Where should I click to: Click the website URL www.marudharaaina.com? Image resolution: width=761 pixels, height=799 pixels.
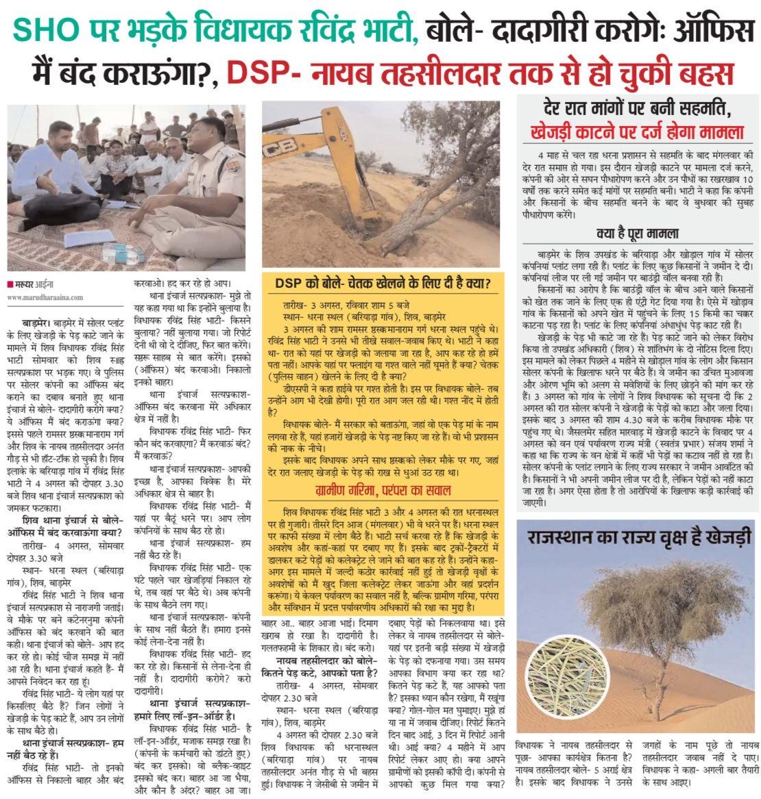coord(45,297)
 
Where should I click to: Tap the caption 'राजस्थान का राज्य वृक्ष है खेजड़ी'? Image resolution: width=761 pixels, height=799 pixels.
coord(639,537)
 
